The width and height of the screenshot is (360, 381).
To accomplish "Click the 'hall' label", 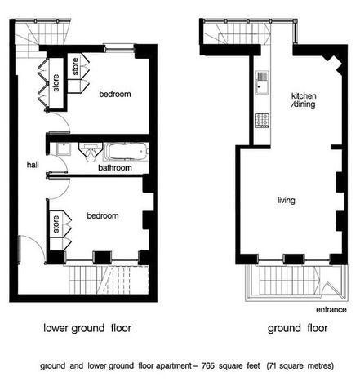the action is click(x=33, y=165).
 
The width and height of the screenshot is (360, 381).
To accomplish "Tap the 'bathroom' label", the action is click(x=115, y=168).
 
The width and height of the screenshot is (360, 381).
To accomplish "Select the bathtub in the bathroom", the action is click(x=126, y=152).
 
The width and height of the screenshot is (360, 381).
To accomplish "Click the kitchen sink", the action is click(x=262, y=82).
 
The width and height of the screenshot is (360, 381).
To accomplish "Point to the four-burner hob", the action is click(x=262, y=121).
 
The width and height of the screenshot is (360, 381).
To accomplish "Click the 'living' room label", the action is click(x=286, y=201).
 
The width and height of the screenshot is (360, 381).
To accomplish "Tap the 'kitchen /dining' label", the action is click(x=304, y=100).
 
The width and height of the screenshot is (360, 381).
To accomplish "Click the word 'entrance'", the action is click(x=331, y=310).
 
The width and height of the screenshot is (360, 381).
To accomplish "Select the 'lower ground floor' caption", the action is click(x=87, y=328).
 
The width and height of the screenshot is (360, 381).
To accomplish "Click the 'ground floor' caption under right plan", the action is click(x=297, y=328).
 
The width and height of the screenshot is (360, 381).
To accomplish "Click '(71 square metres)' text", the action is click(x=300, y=365).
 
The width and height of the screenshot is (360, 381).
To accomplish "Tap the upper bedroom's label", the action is click(x=115, y=94).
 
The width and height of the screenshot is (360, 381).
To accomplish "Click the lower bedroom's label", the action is click(x=103, y=215).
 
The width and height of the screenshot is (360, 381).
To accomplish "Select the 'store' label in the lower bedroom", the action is click(x=56, y=224).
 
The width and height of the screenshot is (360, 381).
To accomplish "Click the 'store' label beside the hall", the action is click(x=56, y=82).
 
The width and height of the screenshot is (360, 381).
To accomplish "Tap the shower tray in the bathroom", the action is click(x=64, y=148).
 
